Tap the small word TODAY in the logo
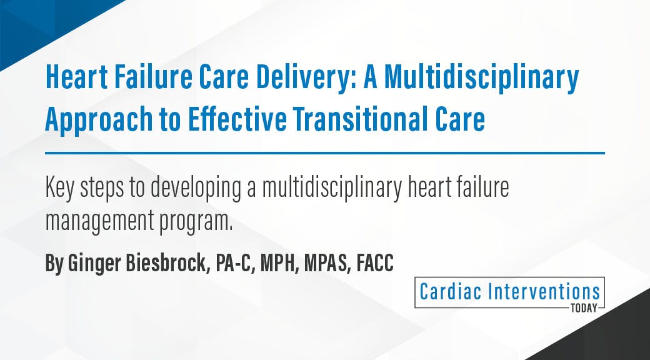tap(584, 307)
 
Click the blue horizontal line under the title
tap(325, 152)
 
